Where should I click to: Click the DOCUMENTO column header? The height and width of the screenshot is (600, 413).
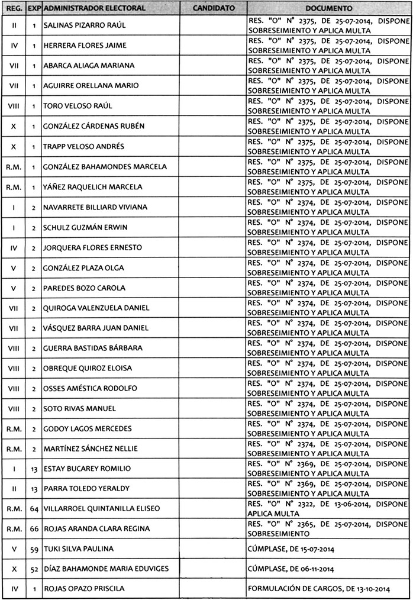[x=330, y=9]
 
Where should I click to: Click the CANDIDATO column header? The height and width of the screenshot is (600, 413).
[x=214, y=9]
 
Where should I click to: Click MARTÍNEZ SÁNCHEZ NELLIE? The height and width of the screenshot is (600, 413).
[x=91, y=449]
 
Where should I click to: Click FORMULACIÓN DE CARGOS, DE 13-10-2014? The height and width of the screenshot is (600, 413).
[x=319, y=589]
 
